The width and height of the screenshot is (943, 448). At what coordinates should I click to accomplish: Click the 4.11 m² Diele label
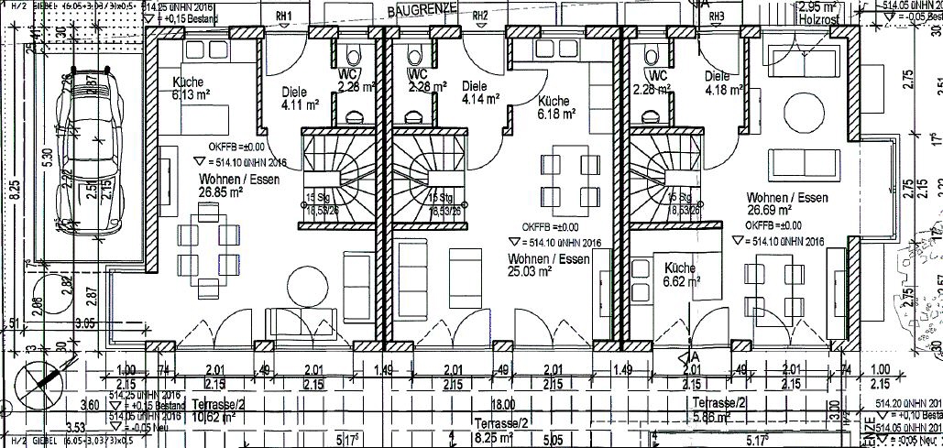[298, 105]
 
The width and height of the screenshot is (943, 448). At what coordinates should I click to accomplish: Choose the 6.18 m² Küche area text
[556, 114]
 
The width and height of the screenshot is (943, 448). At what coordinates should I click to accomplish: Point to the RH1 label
[284, 17]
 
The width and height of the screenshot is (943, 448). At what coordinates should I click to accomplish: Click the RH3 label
[717, 16]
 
